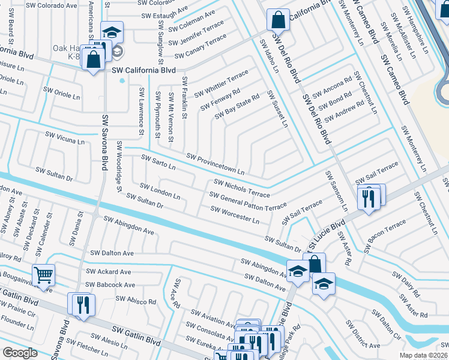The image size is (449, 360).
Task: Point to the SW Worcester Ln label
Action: [234, 215]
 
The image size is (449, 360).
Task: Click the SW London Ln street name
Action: [160, 192]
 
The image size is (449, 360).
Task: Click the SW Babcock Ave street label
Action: [107, 285]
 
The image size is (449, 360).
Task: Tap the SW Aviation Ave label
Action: [212, 319]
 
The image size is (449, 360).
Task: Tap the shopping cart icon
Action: [43, 275]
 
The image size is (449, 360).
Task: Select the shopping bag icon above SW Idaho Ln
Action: [277, 20]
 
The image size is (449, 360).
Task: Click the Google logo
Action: [20, 353]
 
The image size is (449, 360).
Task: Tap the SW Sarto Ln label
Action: [158, 162]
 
